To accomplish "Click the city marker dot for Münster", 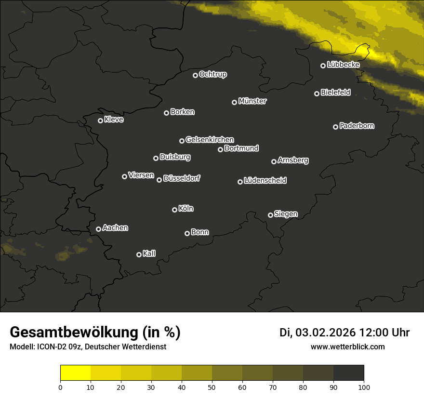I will point(235,102).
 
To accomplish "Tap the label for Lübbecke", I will point(343,65).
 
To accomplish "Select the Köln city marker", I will point(174,210).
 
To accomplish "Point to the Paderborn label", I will point(357,126).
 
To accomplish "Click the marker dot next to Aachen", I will point(99,229).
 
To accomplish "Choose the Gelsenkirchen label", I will point(210,140).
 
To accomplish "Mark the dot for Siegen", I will point(270,215).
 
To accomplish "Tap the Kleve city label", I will point(114,120).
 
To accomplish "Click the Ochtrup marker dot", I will point(195,75).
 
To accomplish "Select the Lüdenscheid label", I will point(265,181).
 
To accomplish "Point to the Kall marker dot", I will point(139,254).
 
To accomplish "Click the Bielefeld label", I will point(335,92).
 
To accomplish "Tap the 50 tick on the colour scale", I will point(212,387).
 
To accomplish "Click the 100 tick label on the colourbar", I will point(364,387).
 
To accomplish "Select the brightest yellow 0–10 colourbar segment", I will point(76,373).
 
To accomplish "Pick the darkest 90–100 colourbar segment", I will point(348,373).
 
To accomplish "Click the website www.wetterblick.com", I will point(347,347).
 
